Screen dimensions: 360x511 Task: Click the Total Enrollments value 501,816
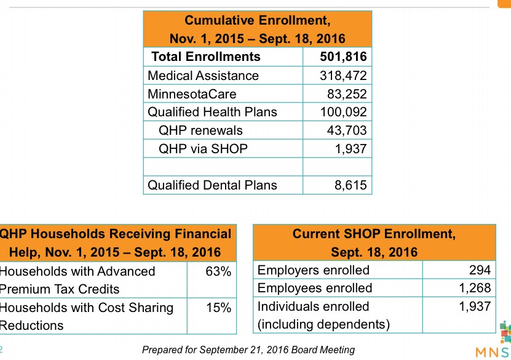pyautogui.click(x=343, y=57)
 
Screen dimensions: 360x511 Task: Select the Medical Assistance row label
pyautogui.click(x=204, y=76)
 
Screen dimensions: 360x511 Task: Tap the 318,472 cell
pyautogui.click(x=343, y=76)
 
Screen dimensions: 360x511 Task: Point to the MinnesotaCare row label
pyautogui.click(x=192, y=94)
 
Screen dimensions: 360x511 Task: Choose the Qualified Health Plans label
pyautogui.click(x=213, y=112)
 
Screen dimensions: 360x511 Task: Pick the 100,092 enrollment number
pyautogui.click(x=343, y=112)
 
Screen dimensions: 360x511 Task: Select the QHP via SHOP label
pyautogui.click(x=204, y=148)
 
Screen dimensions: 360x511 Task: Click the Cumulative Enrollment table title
pyautogui.click(x=258, y=30)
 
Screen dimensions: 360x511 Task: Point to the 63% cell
pyautogui.click(x=218, y=271)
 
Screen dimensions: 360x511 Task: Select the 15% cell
pyautogui.click(x=218, y=308)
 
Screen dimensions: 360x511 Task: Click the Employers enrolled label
pyautogui.click(x=314, y=270)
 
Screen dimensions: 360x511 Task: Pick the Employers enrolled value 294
pyautogui.click(x=480, y=270)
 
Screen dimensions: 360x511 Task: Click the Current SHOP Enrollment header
pyautogui.click(x=374, y=242)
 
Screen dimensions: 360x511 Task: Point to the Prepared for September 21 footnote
pyautogui.click(x=248, y=350)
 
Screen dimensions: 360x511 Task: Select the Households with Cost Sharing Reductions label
pyautogui.click(x=87, y=316)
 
